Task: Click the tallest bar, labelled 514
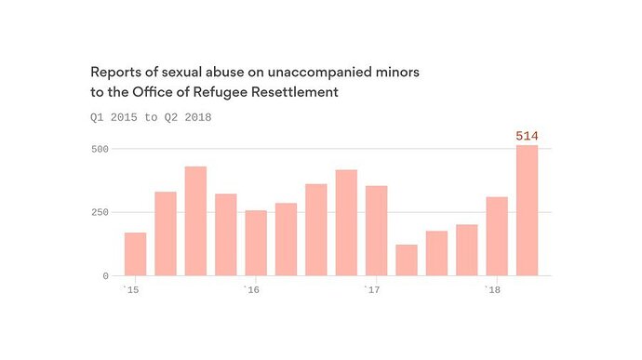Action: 527,210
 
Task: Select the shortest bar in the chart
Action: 407,260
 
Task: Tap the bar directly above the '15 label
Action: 136,254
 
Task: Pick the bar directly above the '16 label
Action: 256,243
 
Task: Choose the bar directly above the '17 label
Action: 376,231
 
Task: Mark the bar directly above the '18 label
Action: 497,236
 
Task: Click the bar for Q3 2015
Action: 195,221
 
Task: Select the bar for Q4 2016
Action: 346,223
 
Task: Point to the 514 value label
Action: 527,136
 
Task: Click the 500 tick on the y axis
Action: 100,149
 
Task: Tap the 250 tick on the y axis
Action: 100,212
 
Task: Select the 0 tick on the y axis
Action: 106,276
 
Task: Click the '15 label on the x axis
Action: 131,290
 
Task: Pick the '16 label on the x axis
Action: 251,290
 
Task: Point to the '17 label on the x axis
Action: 372,290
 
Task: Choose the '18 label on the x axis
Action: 492,290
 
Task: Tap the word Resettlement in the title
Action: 295,92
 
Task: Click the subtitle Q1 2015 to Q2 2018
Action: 151,117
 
